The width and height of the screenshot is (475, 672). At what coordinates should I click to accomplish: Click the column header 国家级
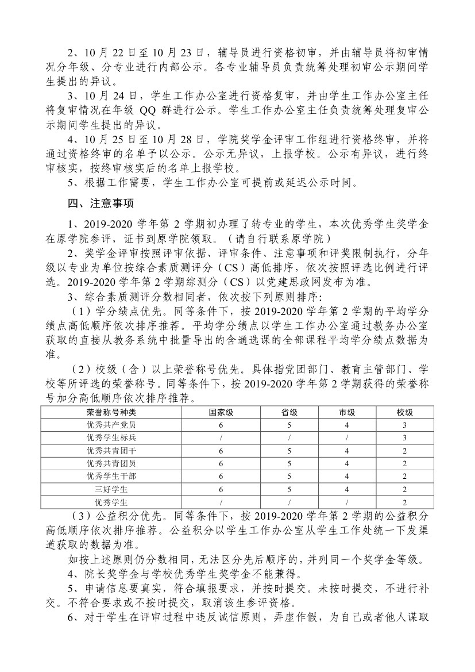221,412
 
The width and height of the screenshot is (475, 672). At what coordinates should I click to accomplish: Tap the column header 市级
346,412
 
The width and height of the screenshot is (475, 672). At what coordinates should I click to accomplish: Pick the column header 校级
404,412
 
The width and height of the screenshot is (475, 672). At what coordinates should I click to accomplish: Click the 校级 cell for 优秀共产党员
404,425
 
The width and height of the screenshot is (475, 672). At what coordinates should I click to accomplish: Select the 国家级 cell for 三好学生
221,489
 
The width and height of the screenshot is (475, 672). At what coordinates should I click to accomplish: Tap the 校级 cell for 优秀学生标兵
404,437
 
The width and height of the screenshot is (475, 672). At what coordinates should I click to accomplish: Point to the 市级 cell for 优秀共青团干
346,450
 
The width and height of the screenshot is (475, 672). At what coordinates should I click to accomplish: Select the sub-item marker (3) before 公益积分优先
82,513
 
